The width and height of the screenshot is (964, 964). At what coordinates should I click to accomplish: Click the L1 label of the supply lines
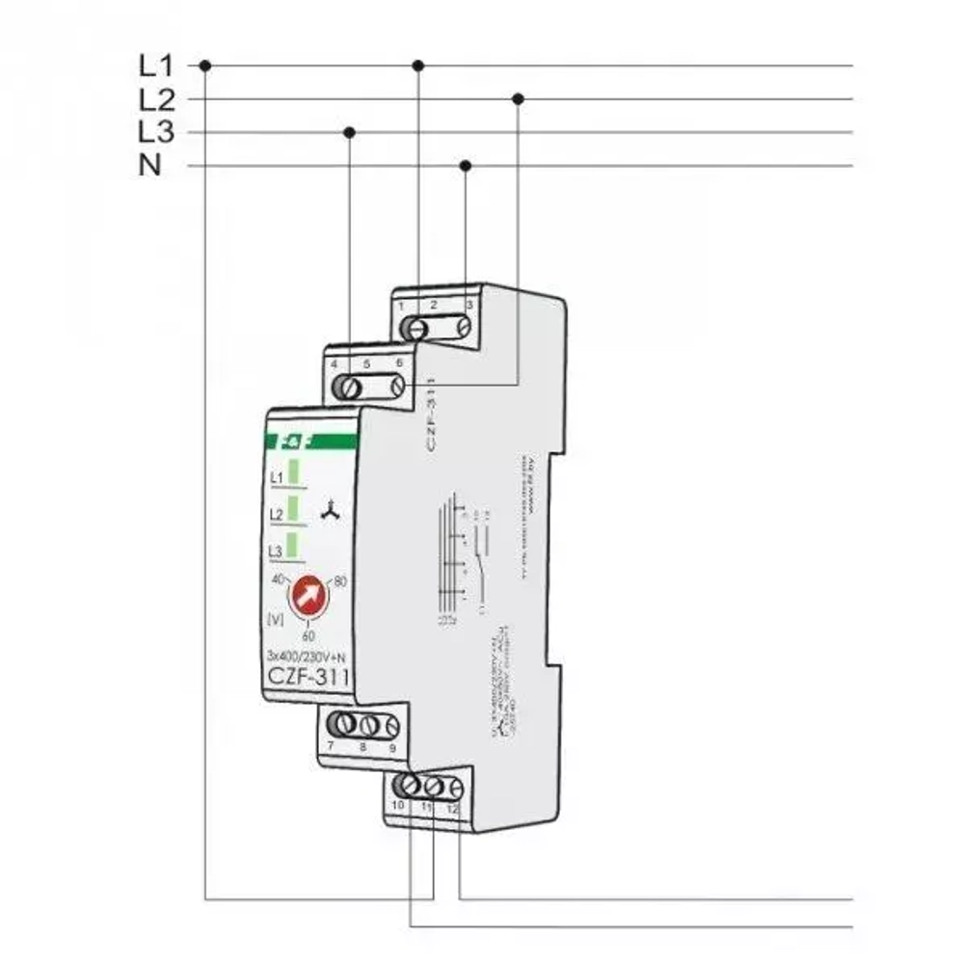[154, 67]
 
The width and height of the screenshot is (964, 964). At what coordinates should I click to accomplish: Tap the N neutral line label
[150, 166]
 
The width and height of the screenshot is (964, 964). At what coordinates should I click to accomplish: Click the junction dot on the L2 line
[518, 98]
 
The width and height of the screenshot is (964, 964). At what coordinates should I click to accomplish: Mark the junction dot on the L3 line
[350, 131]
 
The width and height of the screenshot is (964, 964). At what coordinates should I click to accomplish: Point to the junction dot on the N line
[466, 166]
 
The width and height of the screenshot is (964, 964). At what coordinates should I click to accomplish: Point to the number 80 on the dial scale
[339, 581]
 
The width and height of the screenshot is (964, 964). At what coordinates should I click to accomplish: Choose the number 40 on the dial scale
[278, 579]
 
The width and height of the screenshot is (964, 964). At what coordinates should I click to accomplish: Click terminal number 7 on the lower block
[331, 747]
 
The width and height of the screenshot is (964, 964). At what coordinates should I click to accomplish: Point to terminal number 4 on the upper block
[334, 365]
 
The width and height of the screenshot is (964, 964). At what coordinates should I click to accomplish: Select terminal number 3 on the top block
[469, 305]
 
